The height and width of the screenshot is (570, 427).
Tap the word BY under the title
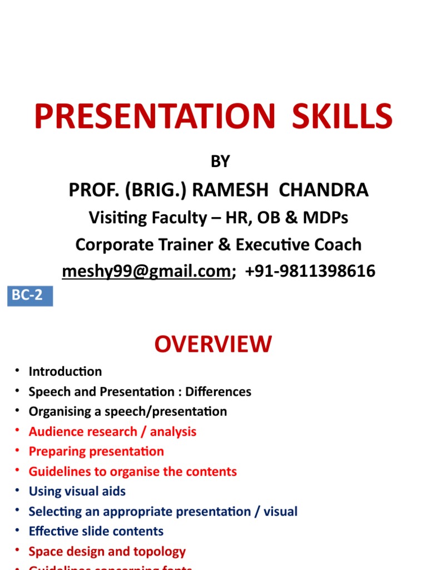[x=220, y=161]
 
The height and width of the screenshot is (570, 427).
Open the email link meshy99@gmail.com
[x=146, y=271]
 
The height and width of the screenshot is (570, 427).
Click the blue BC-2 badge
[x=30, y=296]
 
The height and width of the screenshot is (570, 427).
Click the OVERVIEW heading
[x=213, y=345]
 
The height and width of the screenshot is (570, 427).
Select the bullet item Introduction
[x=65, y=371]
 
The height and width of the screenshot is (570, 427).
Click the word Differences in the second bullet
[x=219, y=391]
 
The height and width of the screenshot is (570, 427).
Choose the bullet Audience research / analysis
[x=112, y=431]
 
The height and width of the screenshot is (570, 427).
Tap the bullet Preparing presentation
[x=96, y=451]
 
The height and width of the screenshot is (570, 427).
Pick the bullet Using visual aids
[x=77, y=492]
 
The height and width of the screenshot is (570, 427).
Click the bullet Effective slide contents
[x=96, y=532]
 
